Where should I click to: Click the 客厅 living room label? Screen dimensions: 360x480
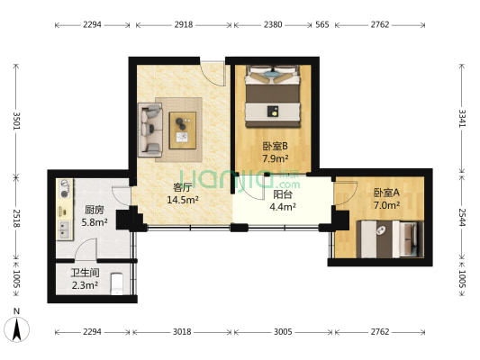pyautogui.click(x=182, y=187)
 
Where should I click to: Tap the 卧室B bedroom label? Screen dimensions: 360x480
pyautogui.click(x=275, y=146)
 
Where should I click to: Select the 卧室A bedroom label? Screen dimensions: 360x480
pyautogui.click(x=385, y=192)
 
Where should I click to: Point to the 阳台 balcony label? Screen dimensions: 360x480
pyautogui.click(x=282, y=193)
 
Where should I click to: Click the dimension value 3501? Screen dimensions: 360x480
pyautogui.click(x=16, y=121)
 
